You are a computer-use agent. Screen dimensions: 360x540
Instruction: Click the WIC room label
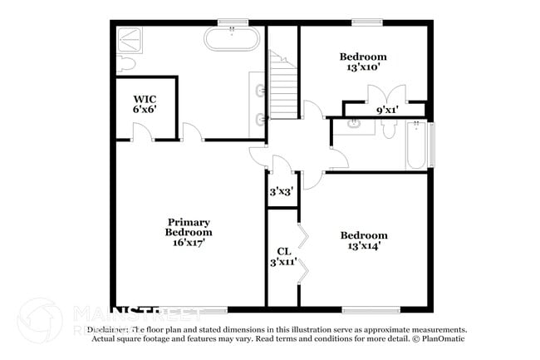pos(145,99)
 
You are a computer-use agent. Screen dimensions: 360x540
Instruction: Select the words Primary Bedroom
pos(189,227)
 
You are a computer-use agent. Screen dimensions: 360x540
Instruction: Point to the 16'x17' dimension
pos(189,243)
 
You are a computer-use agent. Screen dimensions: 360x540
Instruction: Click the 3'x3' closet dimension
pos(279,191)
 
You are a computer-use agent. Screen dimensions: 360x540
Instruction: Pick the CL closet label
pos(282,251)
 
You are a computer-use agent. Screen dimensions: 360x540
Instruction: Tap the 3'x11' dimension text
pos(282,263)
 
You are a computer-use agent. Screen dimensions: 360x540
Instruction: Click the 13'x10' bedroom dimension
pos(363,68)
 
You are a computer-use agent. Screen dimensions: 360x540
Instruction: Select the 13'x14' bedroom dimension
pos(363,246)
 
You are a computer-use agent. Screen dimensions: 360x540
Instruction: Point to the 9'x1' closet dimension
pos(386,109)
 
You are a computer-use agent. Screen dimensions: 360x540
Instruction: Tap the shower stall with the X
pos(131,39)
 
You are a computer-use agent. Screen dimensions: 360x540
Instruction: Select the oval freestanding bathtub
pos(233,39)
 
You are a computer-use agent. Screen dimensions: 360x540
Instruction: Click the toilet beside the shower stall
pos(127,63)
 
